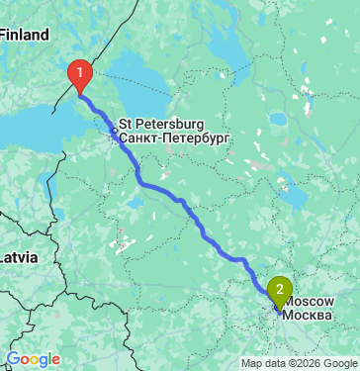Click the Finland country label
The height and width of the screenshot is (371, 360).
24,35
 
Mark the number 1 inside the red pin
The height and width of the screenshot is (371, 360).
78,71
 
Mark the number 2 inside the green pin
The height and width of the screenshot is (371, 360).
281,289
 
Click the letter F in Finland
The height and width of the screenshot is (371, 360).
4,35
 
